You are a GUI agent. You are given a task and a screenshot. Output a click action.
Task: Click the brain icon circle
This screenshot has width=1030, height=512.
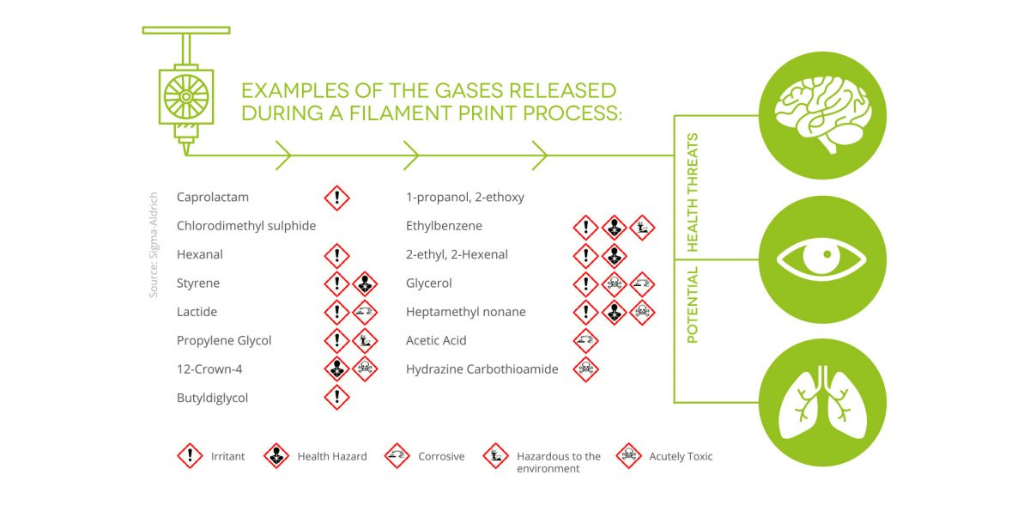(x=822, y=115)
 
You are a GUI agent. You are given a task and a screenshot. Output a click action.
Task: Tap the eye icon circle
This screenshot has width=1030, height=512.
(x=822, y=259)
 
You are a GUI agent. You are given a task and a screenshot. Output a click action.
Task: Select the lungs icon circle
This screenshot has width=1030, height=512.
(x=822, y=403)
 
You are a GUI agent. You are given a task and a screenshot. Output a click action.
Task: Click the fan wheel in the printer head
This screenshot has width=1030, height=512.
(x=186, y=96)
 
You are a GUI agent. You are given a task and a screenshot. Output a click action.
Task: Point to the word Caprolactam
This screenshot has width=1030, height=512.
(x=213, y=198)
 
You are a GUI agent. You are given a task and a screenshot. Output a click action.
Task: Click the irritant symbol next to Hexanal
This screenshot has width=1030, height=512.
(x=337, y=256)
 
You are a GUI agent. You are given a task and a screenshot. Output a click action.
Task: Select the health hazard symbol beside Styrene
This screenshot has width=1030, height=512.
(x=365, y=283)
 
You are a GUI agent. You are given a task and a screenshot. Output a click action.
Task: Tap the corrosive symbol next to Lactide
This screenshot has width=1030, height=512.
(x=365, y=313)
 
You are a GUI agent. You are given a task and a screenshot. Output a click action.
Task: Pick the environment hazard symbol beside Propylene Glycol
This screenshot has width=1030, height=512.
(x=365, y=341)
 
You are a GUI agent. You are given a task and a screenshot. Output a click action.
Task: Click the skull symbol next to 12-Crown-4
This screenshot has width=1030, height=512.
(x=365, y=369)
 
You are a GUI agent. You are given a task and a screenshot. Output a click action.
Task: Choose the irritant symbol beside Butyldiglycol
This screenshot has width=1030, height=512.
(x=337, y=397)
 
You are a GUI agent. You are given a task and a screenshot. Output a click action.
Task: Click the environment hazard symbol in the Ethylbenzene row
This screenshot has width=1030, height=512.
(x=642, y=228)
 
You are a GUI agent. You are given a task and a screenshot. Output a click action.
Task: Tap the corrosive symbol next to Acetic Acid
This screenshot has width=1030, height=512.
(x=585, y=341)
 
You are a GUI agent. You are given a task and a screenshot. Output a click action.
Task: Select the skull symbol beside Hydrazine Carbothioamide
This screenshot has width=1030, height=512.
(x=585, y=369)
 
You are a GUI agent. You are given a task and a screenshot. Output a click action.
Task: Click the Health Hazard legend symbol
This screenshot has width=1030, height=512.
(x=276, y=456)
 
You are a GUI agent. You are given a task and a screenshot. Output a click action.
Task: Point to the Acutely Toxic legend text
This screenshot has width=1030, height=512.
(x=681, y=456)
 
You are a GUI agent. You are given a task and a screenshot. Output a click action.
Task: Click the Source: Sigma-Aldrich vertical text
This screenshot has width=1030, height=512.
(x=154, y=245)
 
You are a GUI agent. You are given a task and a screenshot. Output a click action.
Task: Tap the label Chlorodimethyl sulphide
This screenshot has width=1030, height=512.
(x=246, y=226)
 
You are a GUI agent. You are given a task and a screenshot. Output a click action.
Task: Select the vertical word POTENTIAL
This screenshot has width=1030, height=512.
(x=692, y=305)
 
